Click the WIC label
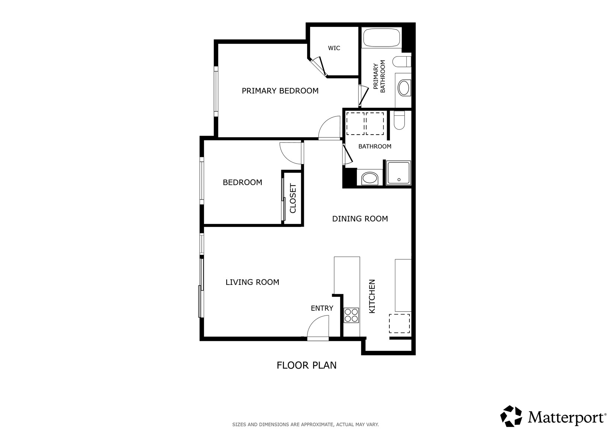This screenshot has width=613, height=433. (334, 48)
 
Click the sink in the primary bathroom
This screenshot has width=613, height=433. (403, 89)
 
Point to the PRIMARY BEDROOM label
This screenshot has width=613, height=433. (280, 91)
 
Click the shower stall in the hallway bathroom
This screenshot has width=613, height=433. (398, 173)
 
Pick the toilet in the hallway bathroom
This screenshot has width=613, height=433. (399, 120)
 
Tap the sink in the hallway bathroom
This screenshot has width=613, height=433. (370, 178)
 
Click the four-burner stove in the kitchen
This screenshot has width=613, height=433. (351, 315)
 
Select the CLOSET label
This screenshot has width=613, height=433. (293, 198)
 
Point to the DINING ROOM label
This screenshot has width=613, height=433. (360, 219)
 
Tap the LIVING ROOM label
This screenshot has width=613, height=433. (252, 282)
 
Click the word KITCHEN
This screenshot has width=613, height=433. (372, 296)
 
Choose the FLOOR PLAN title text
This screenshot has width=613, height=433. (306, 365)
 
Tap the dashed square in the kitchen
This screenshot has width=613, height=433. (399, 323)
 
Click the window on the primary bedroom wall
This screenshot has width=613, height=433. (216, 91)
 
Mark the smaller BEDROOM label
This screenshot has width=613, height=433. (242, 182)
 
